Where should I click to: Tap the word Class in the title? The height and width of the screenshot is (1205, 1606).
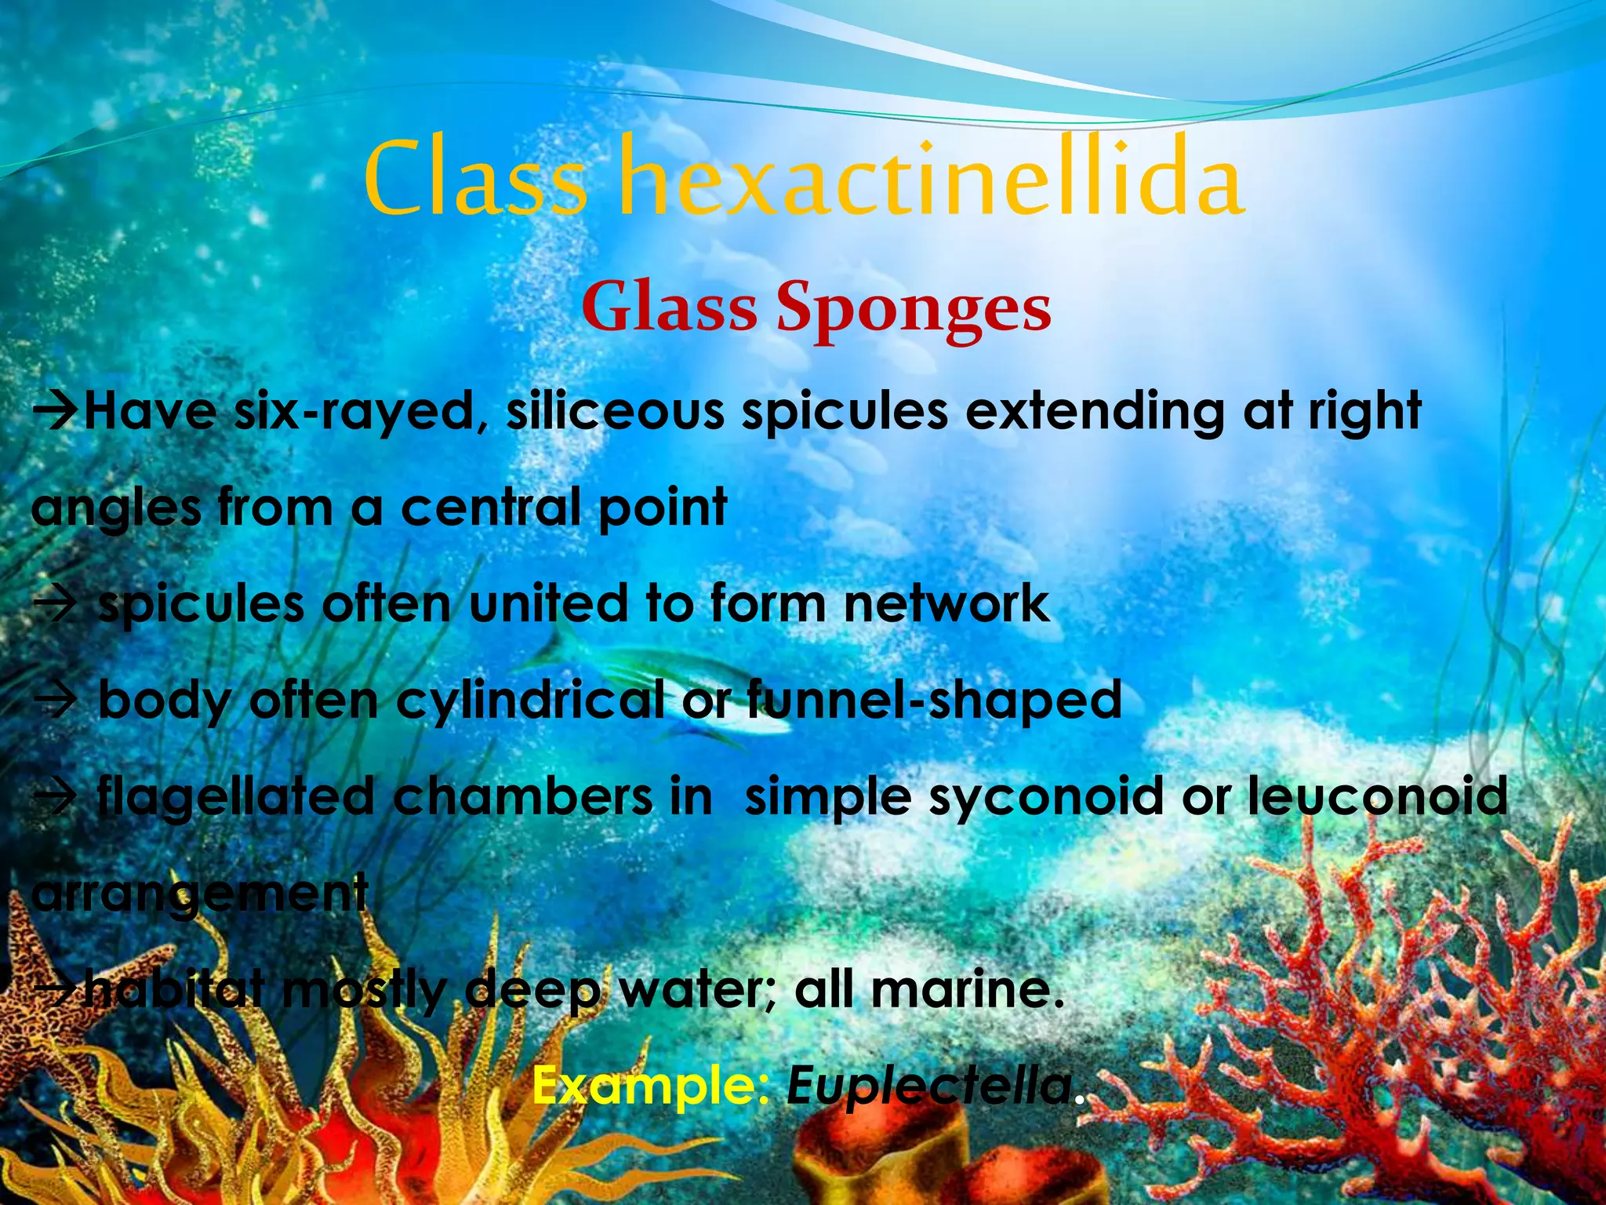[x=474, y=179]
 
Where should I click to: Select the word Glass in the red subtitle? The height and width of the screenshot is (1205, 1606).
[x=669, y=308]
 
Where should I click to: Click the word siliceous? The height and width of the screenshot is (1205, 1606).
[x=615, y=411]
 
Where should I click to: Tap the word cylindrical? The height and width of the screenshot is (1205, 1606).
[x=530, y=701]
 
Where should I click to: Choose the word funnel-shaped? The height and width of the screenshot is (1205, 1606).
[x=933, y=701]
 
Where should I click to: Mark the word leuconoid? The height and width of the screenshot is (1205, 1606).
[x=1377, y=796]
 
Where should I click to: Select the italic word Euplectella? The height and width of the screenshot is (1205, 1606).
[x=929, y=1086]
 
